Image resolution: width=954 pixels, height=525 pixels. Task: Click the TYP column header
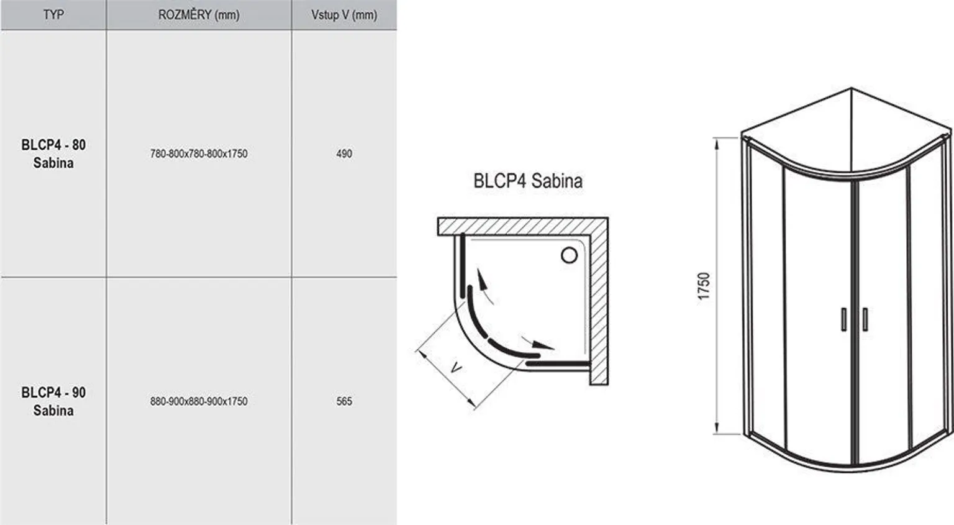(x=53, y=14)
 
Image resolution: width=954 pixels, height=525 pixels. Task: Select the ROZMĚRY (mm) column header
(x=199, y=14)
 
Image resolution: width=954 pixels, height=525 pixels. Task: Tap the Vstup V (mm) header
(x=344, y=14)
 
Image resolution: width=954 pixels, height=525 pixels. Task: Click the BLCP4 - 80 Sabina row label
(x=53, y=153)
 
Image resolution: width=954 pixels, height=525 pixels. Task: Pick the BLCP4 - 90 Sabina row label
(x=53, y=401)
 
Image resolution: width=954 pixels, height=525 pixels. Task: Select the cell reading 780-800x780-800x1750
(x=199, y=153)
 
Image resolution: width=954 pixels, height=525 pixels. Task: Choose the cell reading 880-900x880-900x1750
(x=199, y=401)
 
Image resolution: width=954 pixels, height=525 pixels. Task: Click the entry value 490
(x=344, y=153)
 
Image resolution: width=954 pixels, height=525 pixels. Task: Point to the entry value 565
(x=344, y=401)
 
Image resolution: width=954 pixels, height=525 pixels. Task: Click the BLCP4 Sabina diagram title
(x=528, y=181)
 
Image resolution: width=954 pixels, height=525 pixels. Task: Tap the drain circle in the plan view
(x=569, y=255)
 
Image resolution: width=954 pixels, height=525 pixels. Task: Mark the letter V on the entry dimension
(x=456, y=368)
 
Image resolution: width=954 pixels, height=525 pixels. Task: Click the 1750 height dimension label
(x=703, y=286)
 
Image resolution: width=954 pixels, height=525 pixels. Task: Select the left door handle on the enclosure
(x=844, y=319)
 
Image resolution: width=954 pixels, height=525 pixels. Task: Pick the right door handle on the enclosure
(x=865, y=319)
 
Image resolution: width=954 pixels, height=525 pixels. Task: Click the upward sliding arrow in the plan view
(x=482, y=283)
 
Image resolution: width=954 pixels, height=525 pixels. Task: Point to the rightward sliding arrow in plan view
(x=540, y=344)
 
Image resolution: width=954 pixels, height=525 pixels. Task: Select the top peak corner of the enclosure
(x=852, y=88)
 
